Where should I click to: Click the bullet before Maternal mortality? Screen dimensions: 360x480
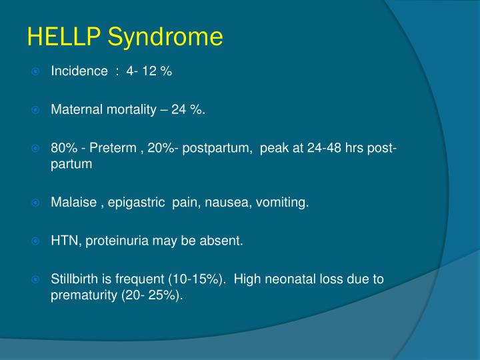click(x=37, y=109)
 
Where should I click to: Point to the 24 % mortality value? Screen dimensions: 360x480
click(x=188, y=109)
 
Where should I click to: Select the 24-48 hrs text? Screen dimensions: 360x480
click(x=336, y=148)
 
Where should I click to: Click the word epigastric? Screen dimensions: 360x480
click(x=137, y=203)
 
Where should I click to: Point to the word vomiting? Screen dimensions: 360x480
click(x=286, y=203)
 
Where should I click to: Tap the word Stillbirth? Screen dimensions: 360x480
click(x=74, y=279)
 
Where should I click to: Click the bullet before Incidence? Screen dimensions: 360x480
click(x=37, y=72)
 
